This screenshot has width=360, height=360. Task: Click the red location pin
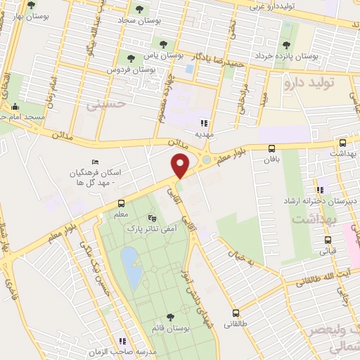click(180, 165)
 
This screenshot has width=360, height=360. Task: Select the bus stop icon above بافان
click(271, 148)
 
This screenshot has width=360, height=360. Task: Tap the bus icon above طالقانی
click(236, 314)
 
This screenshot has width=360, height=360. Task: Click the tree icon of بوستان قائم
click(170, 317)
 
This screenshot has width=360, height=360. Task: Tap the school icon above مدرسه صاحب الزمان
click(123, 341)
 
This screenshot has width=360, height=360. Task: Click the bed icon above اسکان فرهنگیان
click(96, 162)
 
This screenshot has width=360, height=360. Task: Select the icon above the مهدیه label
click(205, 122)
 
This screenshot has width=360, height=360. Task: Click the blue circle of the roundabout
click(205, 160)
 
